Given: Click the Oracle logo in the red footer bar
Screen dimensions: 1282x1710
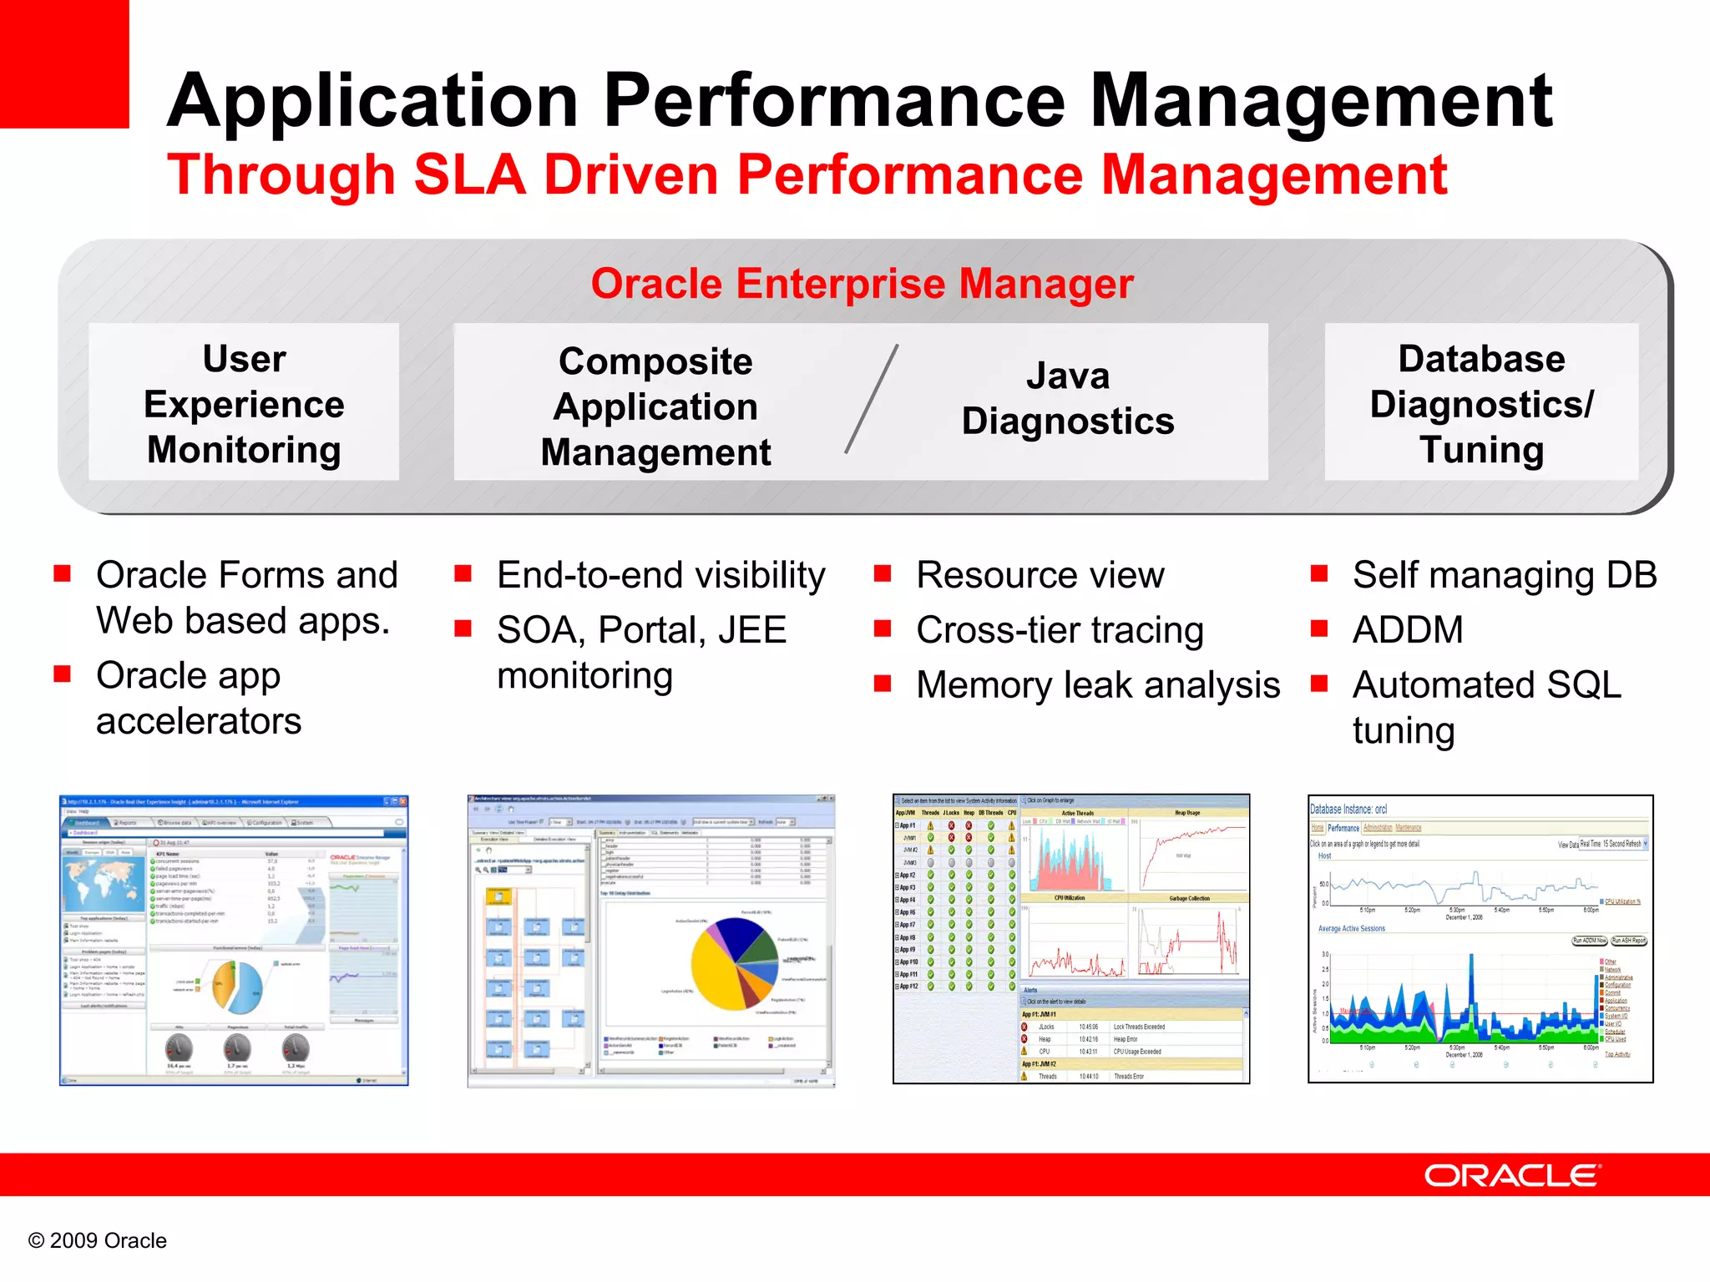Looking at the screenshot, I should (x=1512, y=1175).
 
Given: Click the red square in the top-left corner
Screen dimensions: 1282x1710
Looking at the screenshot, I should (x=63, y=63).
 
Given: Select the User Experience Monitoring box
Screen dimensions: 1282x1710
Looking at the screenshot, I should (x=244, y=403).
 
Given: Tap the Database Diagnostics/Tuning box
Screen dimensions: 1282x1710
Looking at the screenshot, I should (x=1481, y=403).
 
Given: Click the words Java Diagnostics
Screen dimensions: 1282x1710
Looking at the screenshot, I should (x=1067, y=399).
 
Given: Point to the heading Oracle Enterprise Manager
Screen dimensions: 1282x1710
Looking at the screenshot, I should (x=862, y=284).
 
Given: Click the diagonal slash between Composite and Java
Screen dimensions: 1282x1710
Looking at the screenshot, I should (x=872, y=399).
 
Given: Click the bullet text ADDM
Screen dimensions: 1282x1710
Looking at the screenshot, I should (x=1408, y=630).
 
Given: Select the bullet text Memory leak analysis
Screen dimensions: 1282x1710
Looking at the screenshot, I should (x=1097, y=685).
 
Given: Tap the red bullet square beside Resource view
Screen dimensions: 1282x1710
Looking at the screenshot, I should (x=883, y=574).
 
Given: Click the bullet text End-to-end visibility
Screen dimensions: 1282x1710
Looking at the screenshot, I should (x=660, y=576).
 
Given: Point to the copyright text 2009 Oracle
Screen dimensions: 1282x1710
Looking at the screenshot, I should (x=98, y=1240).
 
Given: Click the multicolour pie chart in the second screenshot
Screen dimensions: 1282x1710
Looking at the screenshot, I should (x=735, y=964).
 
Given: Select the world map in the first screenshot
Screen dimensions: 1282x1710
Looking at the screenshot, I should (x=104, y=884).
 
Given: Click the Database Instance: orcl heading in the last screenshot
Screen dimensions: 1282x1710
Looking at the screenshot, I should (x=1348, y=809).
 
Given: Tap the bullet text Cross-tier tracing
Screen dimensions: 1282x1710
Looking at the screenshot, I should (x=1060, y=630).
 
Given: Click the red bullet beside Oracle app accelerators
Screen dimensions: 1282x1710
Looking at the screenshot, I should (x=62, y=674).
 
